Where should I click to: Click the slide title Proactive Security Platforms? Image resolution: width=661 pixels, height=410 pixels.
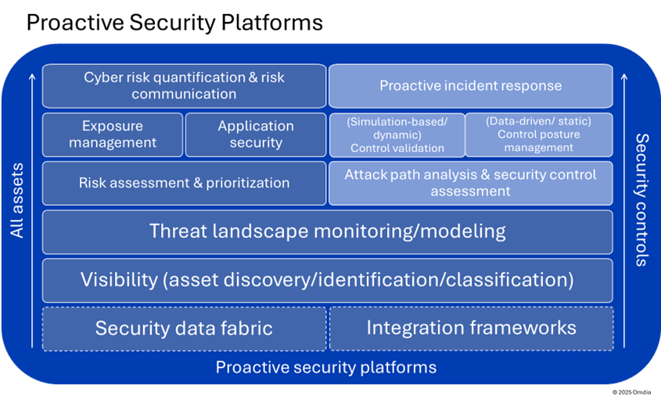click(x=174, y=23)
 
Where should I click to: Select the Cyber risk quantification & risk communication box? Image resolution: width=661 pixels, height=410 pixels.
click(x=184, y=86)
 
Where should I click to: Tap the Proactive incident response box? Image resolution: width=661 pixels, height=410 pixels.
click(x=470, y=86)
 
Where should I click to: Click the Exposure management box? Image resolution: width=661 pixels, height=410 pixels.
click(x=113, y=135)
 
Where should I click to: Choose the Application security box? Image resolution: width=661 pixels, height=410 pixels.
click(x=256, y=135)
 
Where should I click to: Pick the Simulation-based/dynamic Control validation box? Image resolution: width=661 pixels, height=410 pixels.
click(x=397, y=135)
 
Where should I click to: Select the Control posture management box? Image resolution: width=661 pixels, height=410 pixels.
click(x=538, y=135)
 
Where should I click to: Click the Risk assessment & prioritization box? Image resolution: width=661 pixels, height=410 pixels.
click(x=184, y=183)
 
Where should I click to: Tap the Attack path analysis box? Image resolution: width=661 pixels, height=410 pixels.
click(x=470, y=183)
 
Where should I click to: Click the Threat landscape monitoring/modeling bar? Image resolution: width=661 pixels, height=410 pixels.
click(x=327, y=232)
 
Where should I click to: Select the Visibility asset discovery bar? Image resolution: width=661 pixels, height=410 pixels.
click(x=327, y=280)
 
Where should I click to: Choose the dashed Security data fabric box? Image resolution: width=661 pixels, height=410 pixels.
click(x=184, y=328)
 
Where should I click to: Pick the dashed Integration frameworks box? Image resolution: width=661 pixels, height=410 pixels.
click(x=471, y=328)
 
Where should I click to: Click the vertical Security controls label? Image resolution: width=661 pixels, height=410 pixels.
click(x=641, y=200)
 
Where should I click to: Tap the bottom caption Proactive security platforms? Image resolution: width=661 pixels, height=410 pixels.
click(x=326, y=367)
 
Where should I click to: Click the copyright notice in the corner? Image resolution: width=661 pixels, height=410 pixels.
click(x=631, y=391)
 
